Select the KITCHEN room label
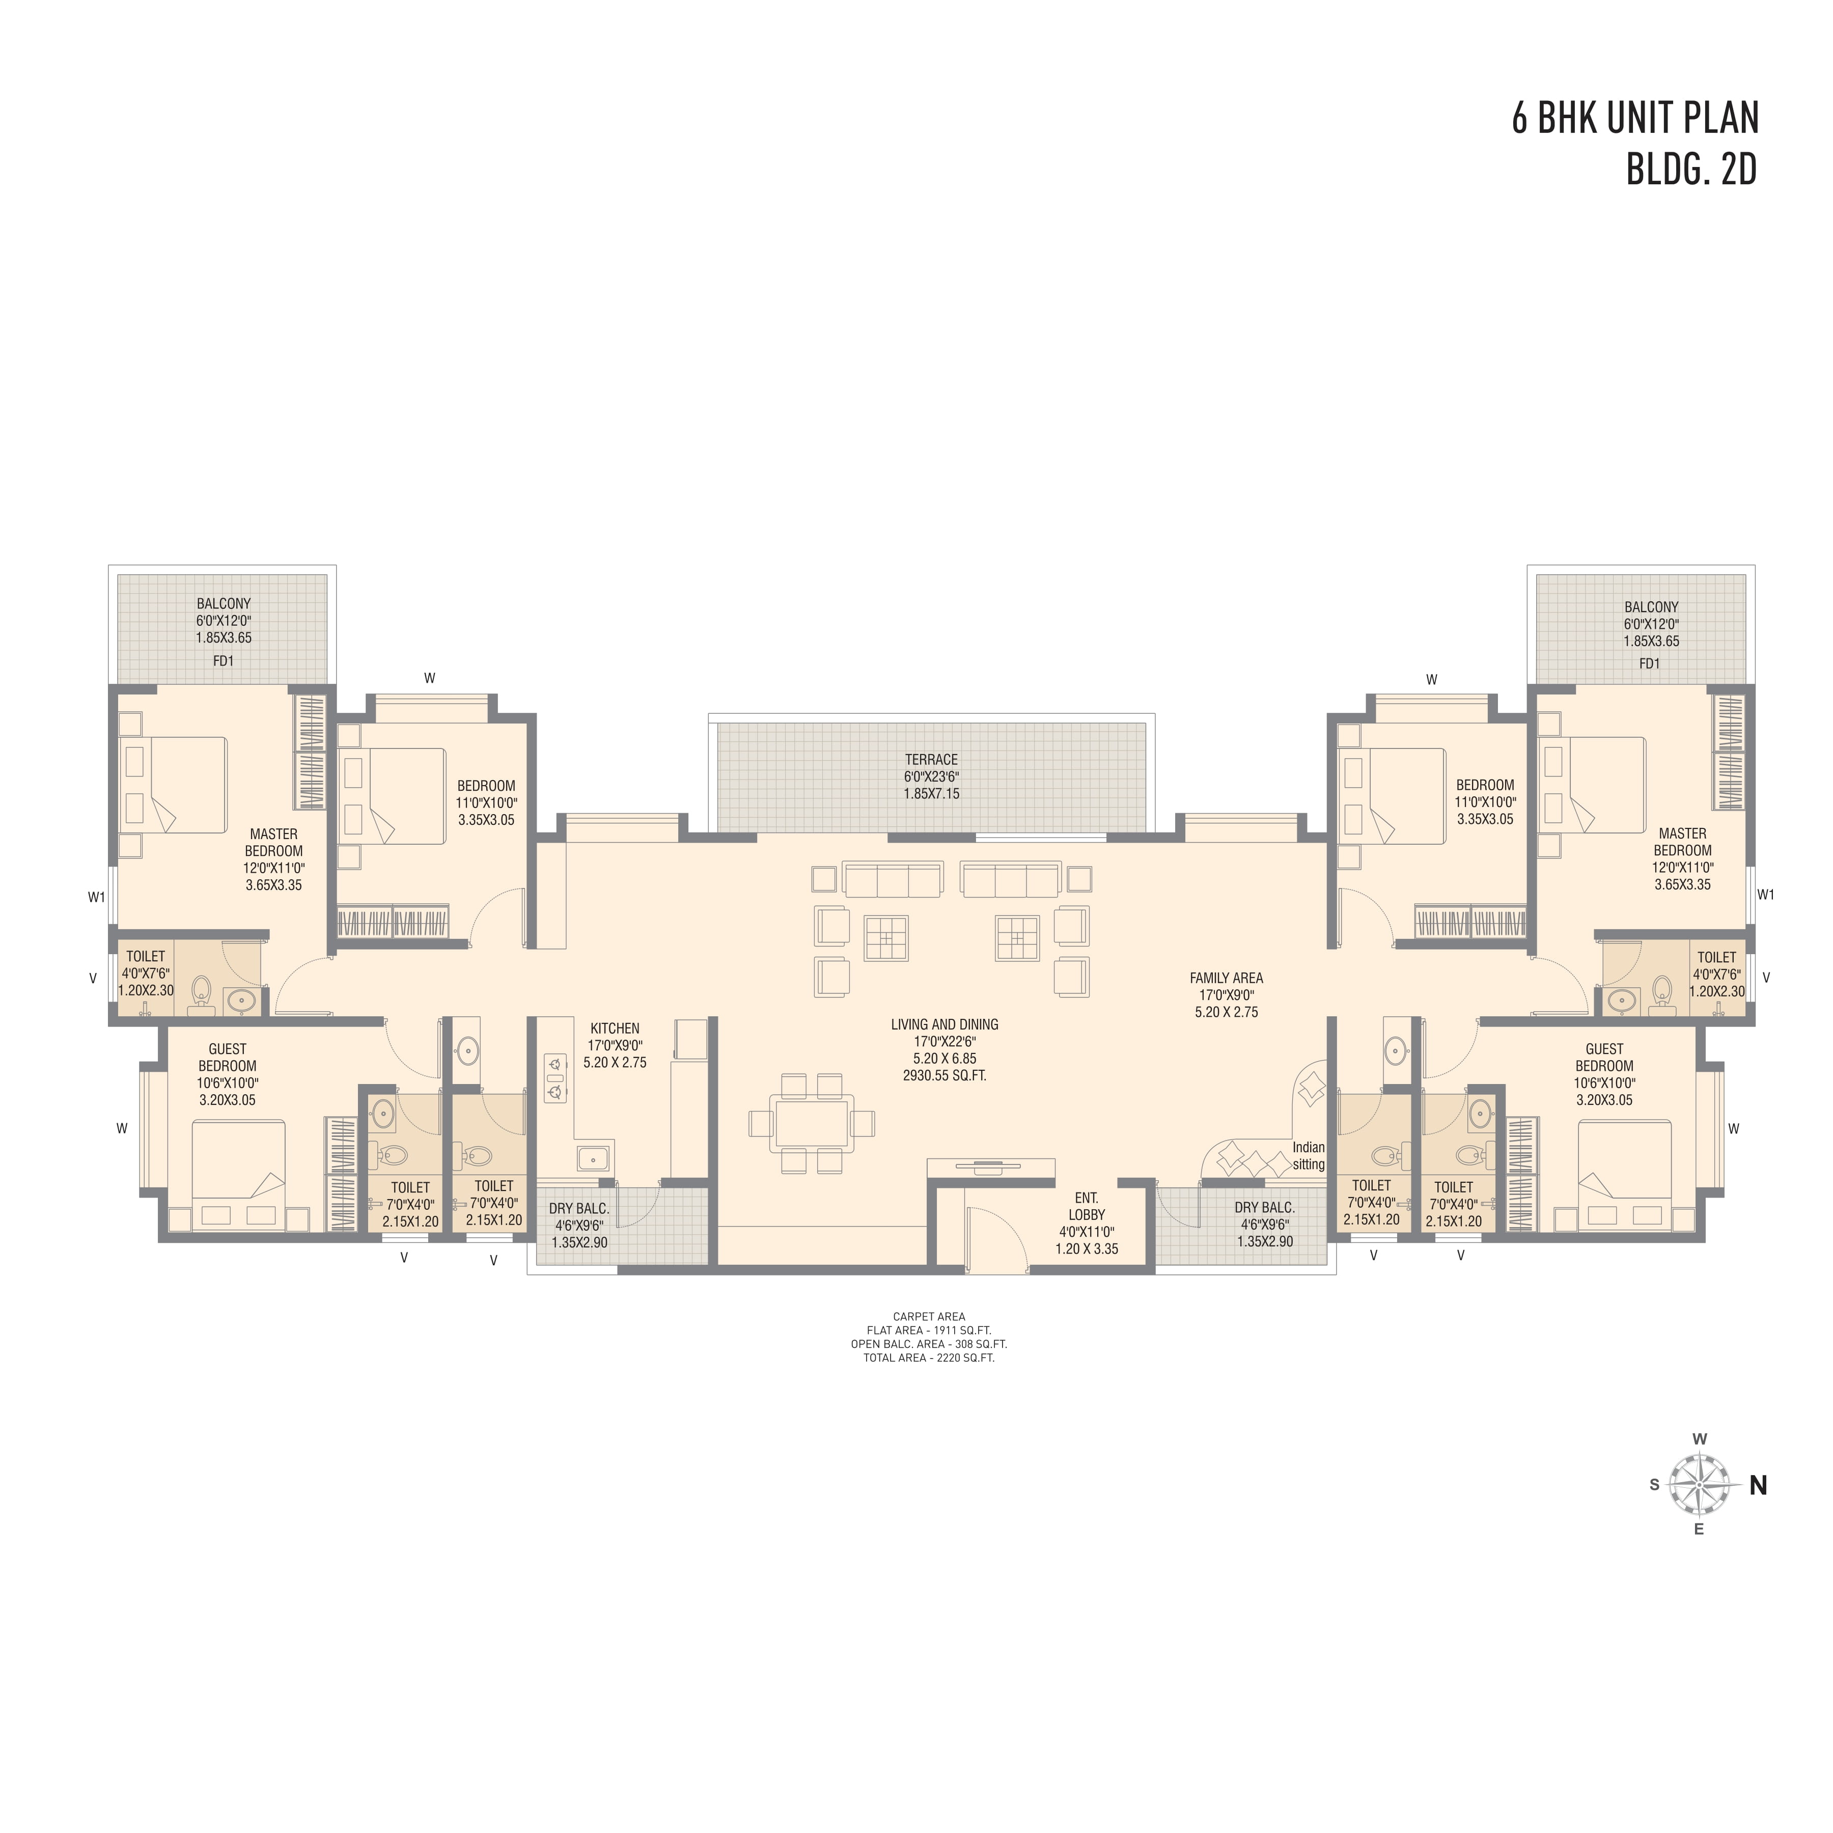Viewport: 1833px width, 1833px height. (615, 1029)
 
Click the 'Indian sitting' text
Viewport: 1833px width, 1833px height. (1309, 1156)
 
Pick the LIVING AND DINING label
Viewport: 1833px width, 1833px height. (945, 1024)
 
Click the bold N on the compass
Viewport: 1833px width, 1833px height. (1758, 1486)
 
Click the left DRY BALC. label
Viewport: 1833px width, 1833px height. (579, 1209)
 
